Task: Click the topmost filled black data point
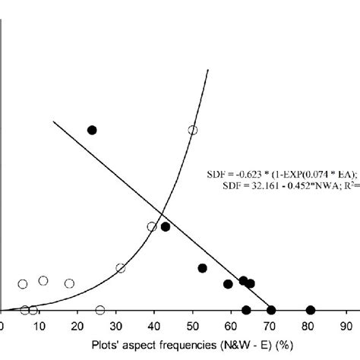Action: (x=92, y=130)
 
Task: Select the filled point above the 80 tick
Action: (x=310, y=310)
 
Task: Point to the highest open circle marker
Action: (x=193, y=130)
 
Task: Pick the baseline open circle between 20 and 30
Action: (x=100, y=310)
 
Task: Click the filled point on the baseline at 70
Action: (x=271, y=310)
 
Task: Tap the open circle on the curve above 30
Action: (x=120, y=268)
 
